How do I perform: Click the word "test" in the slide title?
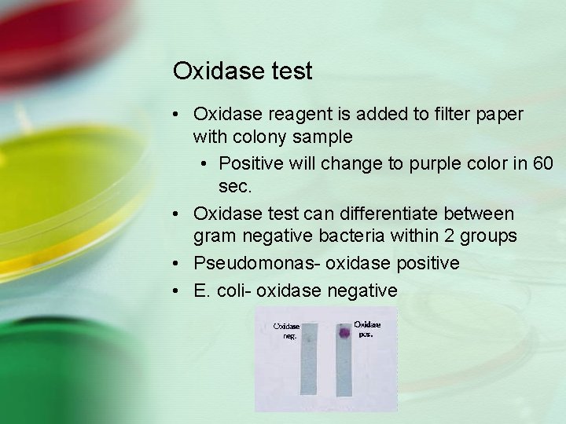coord(290,71)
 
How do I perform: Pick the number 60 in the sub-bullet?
coord(543,163)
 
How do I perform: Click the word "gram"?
coord(213,236)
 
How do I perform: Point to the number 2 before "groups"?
coord(454,236)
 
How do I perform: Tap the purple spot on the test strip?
coord(343,333)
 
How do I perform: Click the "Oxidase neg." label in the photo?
coord(286,330)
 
